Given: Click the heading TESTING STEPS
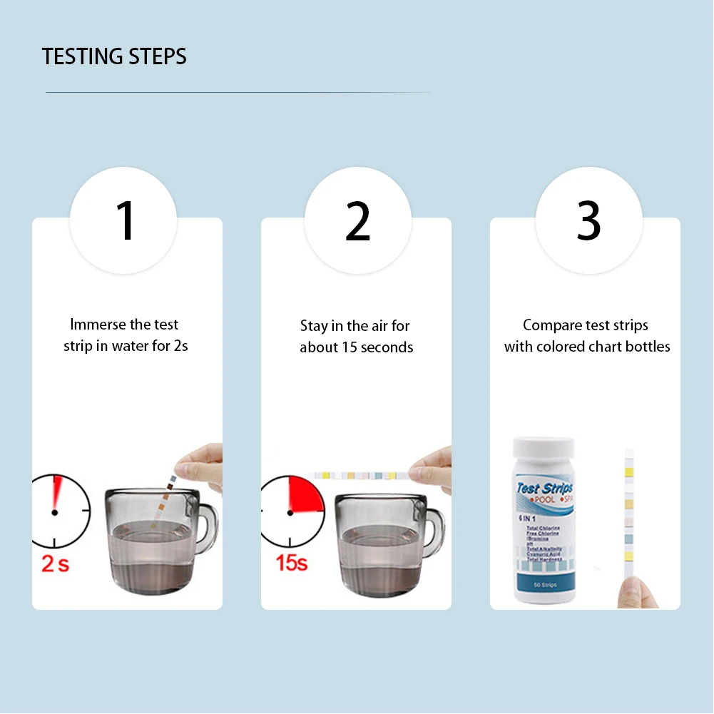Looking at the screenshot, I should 114,56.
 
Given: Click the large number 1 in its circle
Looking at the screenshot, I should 126,221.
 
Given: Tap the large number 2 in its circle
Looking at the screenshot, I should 357,221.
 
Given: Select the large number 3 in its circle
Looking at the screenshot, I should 588,221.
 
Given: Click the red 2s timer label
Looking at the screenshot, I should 56,563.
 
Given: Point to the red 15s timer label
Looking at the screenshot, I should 291,562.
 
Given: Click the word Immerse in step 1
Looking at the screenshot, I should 97,325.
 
